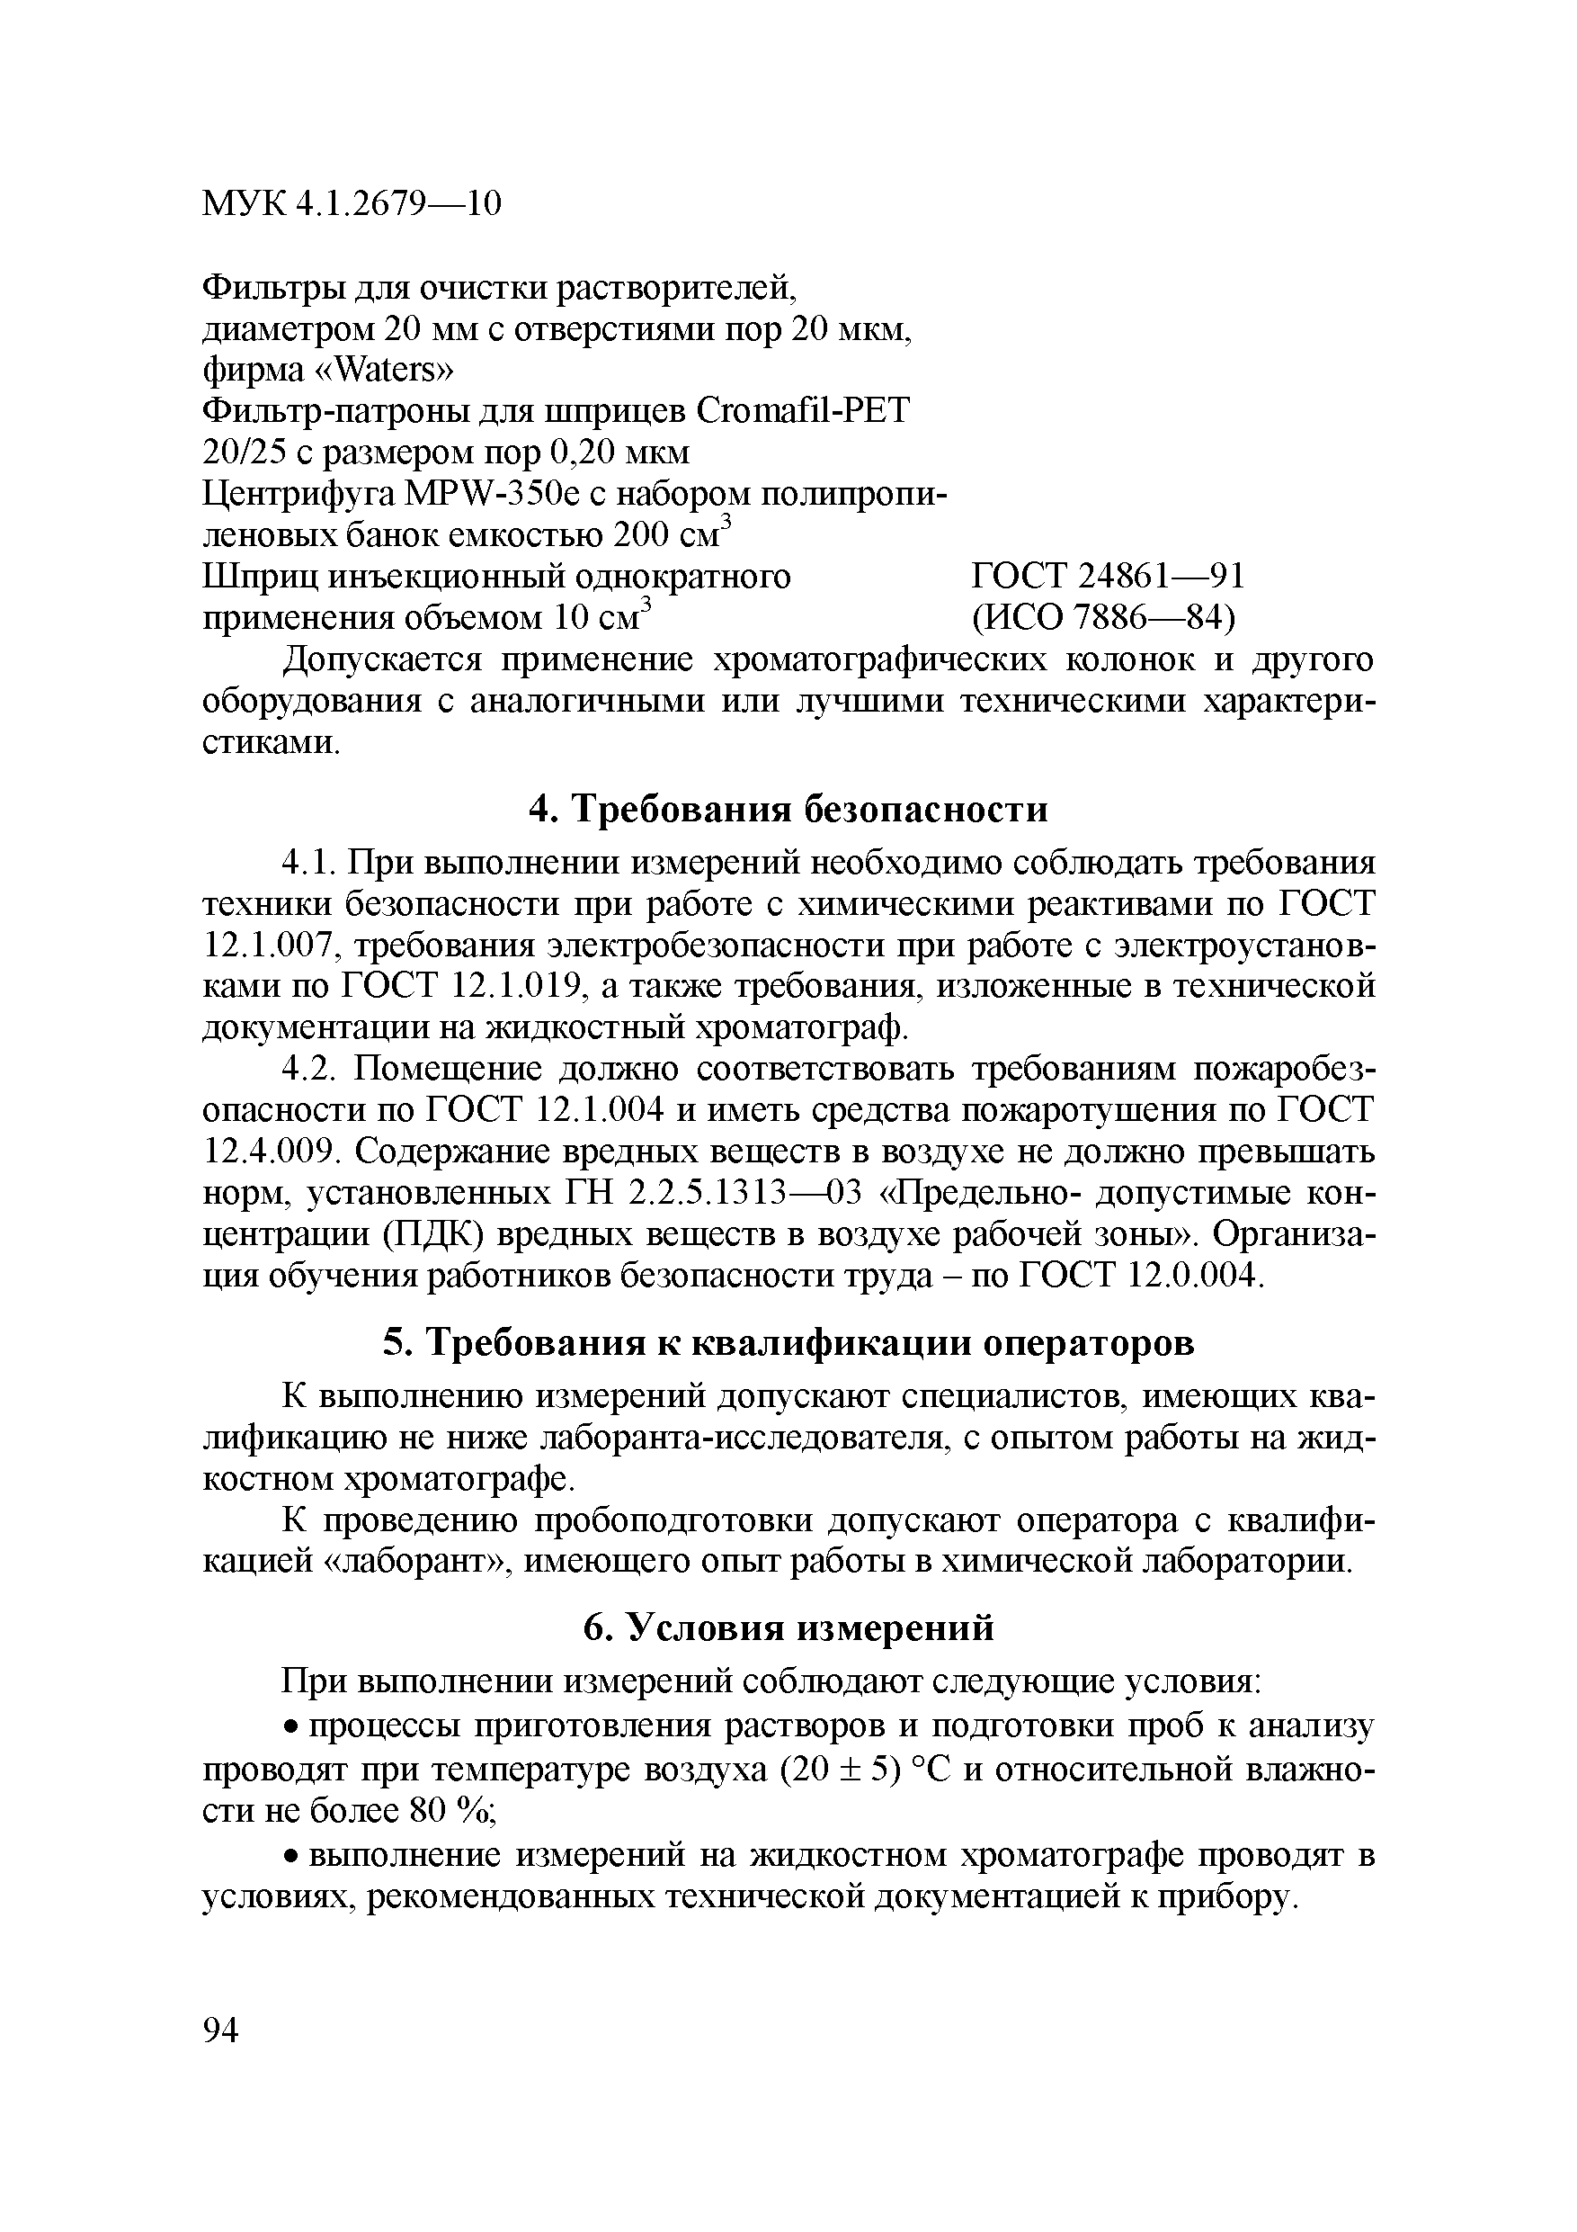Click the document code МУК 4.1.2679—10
[x=352, y=203]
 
